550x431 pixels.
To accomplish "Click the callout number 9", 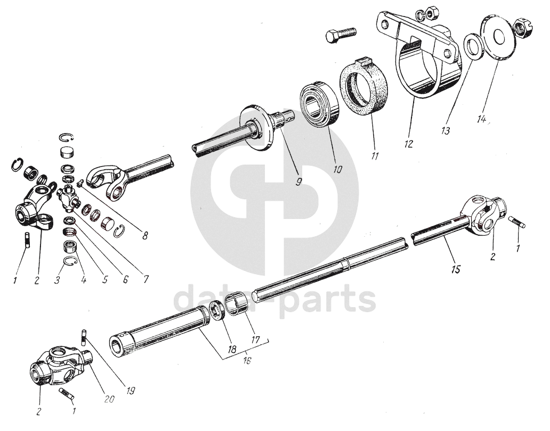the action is pyautogui.click(x=298, y=183).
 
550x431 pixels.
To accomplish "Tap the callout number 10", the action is pyautogui.click(x=337, y=169).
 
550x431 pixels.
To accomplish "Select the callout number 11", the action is pyautogui.click(x=375, y=155).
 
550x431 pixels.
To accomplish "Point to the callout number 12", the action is pyautogui.click(x=409, y=144).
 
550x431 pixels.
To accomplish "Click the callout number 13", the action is pyautogui.click(x=446, y=131).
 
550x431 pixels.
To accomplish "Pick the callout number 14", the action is pyautogui.click(x=482, y=119).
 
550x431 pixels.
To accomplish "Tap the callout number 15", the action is pyautogui.click(x=456, y=269).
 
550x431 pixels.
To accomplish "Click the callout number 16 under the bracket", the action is pyautogui.click(x=247, y=360).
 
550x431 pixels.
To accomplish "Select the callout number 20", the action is pyautogui.click(x=110, y=399).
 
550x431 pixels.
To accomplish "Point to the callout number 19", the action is pyautogui.click(x=130, y=391).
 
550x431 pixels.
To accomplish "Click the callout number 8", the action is pyautogui.click(x=145, y=236).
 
